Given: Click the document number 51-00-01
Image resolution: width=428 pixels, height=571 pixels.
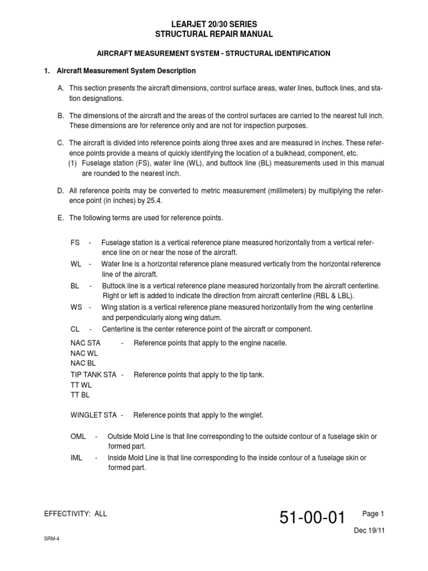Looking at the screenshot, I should [x=313, y=519].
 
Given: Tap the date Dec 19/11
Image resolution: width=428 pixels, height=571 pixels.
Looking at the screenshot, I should [x=369, y=530].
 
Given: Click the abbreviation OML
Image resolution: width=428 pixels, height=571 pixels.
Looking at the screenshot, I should [x=79, y=435].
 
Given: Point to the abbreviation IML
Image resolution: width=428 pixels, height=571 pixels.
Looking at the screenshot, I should [x=76, y=458].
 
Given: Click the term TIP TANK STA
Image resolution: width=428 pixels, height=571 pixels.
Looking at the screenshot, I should [x=94, y=375].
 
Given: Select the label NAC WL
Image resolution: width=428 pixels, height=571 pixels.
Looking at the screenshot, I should [x=84, y=353].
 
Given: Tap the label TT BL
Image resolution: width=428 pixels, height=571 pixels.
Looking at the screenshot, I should [x=80, y=395].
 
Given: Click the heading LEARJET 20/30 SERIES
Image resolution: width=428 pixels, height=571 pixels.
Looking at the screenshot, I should [x=214, y=25].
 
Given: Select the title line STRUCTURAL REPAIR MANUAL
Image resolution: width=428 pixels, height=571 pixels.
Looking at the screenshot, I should [x=214, y=35].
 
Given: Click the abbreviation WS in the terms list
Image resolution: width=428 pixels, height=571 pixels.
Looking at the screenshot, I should [x=76, y=307].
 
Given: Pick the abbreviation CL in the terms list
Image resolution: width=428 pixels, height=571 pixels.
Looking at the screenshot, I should [x=75, y=329].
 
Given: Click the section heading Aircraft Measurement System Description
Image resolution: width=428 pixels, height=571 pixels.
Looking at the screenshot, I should [x=125, y=71].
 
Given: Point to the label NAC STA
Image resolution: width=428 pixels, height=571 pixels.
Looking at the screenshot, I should [x=85, y=343].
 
